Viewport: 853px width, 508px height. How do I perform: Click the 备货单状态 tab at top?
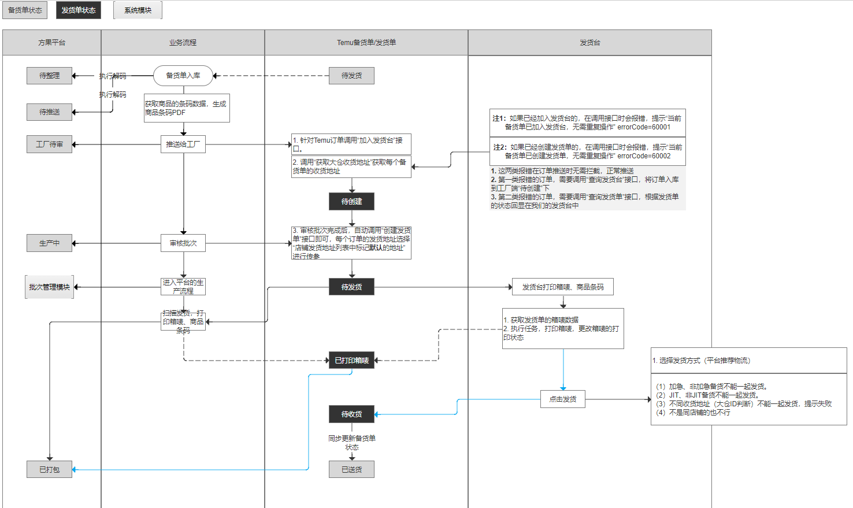[x=25, y=10]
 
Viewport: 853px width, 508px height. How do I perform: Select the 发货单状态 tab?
[x=79, y=10]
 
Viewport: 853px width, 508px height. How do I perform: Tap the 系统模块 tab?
[x=138, y=10]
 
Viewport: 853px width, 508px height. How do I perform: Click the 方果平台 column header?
[x=52, y=43]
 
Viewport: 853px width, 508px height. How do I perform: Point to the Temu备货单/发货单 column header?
[x=366, y=43]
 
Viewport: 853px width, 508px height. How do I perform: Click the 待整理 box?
[x=50, y=76]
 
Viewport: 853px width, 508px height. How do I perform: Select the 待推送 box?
[x=50, y=112]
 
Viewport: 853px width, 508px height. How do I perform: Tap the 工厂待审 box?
[x=50, y=144]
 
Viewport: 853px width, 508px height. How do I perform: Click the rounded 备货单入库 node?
[x=183, y=76]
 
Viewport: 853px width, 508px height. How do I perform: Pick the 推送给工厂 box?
[x=183, y=144]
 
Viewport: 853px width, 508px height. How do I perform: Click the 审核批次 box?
[x=183, y=243]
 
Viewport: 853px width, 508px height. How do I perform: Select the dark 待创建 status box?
[x=351, y=202]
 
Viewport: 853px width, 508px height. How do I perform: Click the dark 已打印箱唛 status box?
[x=351, y=361]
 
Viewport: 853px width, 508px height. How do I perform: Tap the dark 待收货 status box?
[x=351, y=414]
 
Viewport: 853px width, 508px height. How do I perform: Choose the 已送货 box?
[x=351, y=470]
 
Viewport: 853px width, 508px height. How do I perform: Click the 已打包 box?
[x=50, y=470]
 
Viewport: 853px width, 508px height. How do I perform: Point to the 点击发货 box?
[x=563, y=399]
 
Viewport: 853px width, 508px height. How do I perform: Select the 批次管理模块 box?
[x=50, y=287]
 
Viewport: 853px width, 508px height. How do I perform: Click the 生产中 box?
[x=50, y=243]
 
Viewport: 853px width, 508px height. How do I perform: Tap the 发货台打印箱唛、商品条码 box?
[x=563, y=287]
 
